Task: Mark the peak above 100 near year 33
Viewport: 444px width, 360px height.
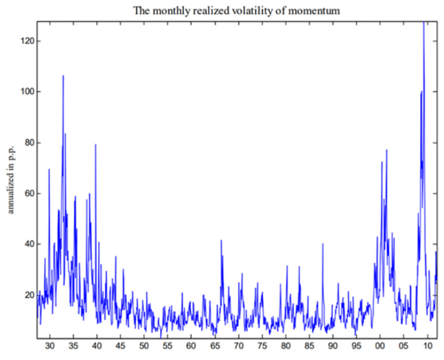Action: [63, 76]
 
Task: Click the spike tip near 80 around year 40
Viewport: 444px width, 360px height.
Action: [95, 144]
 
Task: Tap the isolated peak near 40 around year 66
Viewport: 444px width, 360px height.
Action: [221, 241]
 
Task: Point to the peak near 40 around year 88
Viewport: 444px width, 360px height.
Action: [323, 244]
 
